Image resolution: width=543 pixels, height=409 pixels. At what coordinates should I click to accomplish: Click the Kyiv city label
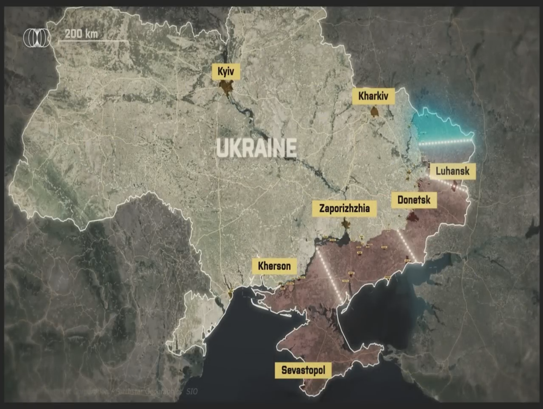[x=226, y=71]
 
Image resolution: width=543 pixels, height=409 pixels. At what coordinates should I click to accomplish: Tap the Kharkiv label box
[x=373, y=96]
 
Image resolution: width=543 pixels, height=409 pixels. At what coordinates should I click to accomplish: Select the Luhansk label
[x=452, y=171]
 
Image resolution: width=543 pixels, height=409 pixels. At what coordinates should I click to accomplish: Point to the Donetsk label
[x=414, y=200]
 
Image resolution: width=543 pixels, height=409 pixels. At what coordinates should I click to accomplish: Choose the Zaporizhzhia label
[x=344, y=208]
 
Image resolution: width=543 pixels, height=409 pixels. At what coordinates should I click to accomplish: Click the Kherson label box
[x=274, y=266]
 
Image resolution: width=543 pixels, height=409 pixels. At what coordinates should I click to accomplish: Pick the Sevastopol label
[x=303, y=370]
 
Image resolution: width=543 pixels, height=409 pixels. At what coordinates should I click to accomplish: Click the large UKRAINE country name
[x=256, y=148]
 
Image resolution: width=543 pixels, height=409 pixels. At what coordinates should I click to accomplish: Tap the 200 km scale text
[x=81, y=33]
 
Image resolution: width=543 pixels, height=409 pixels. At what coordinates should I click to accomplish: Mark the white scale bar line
[x=93, y=41]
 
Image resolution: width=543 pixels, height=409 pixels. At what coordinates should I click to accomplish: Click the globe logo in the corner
[x=37, y=37]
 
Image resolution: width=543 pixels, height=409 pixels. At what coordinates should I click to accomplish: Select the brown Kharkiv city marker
[x=374, y=112]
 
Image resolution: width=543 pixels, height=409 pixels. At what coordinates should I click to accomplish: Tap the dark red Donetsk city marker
[x=412, y=217]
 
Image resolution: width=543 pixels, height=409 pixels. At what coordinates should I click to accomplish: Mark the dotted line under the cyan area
[x=447, y=142]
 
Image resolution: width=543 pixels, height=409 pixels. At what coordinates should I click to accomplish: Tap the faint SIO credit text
[x=192, y=391]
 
